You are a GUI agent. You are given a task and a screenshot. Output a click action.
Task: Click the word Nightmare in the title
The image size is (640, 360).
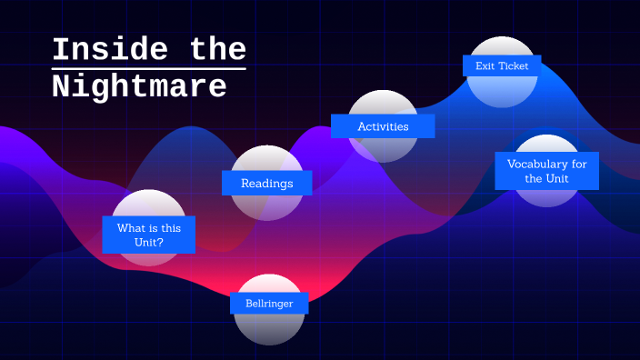click(139, 86)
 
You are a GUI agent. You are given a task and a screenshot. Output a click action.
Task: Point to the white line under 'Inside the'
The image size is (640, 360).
click(148, 68)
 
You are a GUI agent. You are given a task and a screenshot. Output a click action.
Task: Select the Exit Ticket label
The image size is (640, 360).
click(502, 65)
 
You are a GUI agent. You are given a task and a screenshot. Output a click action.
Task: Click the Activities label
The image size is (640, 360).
click(383, 126)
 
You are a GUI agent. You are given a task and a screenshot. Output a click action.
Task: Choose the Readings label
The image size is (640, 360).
click(266, 183)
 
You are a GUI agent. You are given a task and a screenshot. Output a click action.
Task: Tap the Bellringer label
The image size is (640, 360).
click(269, 303)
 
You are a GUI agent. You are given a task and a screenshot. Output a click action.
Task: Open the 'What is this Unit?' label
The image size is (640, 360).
click(148, 235)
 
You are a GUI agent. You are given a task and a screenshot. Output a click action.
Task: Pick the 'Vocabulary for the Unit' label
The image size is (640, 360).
click(546, 171)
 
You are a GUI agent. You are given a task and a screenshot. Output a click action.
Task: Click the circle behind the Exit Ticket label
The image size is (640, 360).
click(502, 91)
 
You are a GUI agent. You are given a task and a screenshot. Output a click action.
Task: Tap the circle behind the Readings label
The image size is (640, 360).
click(266, 207)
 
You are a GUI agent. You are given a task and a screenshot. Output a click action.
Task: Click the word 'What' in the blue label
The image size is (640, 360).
click(131, 227)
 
